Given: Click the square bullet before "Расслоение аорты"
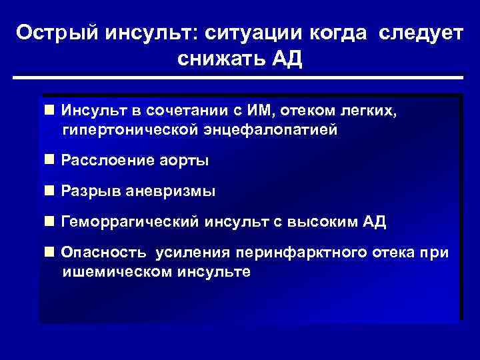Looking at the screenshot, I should [x=49, y=160].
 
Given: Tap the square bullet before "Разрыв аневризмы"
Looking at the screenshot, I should [x=49, y=191].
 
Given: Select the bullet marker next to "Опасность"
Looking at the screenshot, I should [x=49, y=253].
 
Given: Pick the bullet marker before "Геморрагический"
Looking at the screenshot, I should [x=49, y=222].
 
